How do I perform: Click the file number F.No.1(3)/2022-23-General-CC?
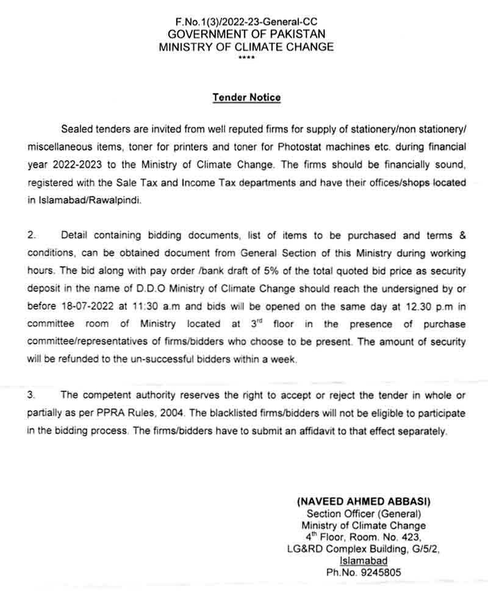(246, 21)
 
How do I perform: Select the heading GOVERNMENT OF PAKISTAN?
(246, 34)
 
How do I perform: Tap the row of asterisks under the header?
(246, 58)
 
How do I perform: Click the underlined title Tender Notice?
(246, 98)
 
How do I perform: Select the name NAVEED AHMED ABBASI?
(364, 501)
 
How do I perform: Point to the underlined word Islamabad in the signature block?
(364, 561)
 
